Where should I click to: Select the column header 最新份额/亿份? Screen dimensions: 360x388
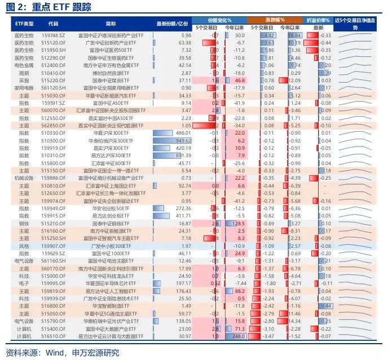click(172, 24)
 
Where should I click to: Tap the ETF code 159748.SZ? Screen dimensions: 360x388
click(54, 35)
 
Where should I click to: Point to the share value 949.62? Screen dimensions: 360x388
click(184, 140)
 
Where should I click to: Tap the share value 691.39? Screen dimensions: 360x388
click(184, 155)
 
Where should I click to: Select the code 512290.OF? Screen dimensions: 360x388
click(54, 57)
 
